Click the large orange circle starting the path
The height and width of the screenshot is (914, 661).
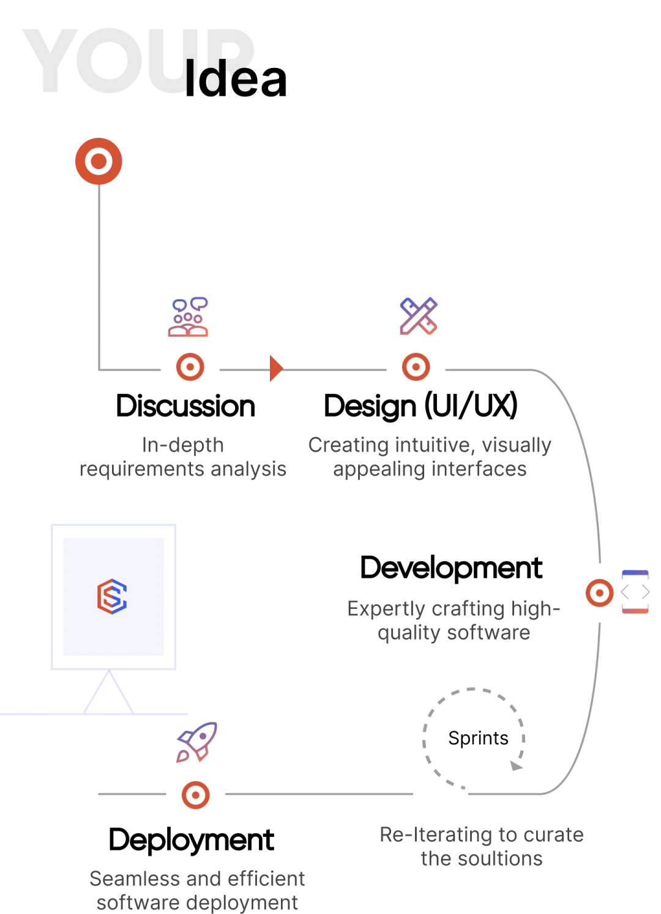click(x=98, y=161)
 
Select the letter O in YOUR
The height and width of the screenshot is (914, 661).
click(x=113, y=61)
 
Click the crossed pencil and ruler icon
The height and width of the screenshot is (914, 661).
click(x=419, y=316)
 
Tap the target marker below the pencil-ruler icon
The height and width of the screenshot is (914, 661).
click(x=416, y=367)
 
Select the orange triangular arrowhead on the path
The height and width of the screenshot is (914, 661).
click(x=276, y=369)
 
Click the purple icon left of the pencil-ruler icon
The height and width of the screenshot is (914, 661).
click(x=189, y=316)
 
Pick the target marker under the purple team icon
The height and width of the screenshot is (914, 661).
click(x=190, y=367)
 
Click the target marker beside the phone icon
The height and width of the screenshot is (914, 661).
click(x=599, y=592)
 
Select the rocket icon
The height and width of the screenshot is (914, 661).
click(x=197, y=742)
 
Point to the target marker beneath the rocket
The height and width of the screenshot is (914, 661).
click(x=195, y=795)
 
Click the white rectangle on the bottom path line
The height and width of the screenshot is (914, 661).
click(x=441, y=794)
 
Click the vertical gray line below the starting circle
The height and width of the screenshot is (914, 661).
click(x=98, y=276)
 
